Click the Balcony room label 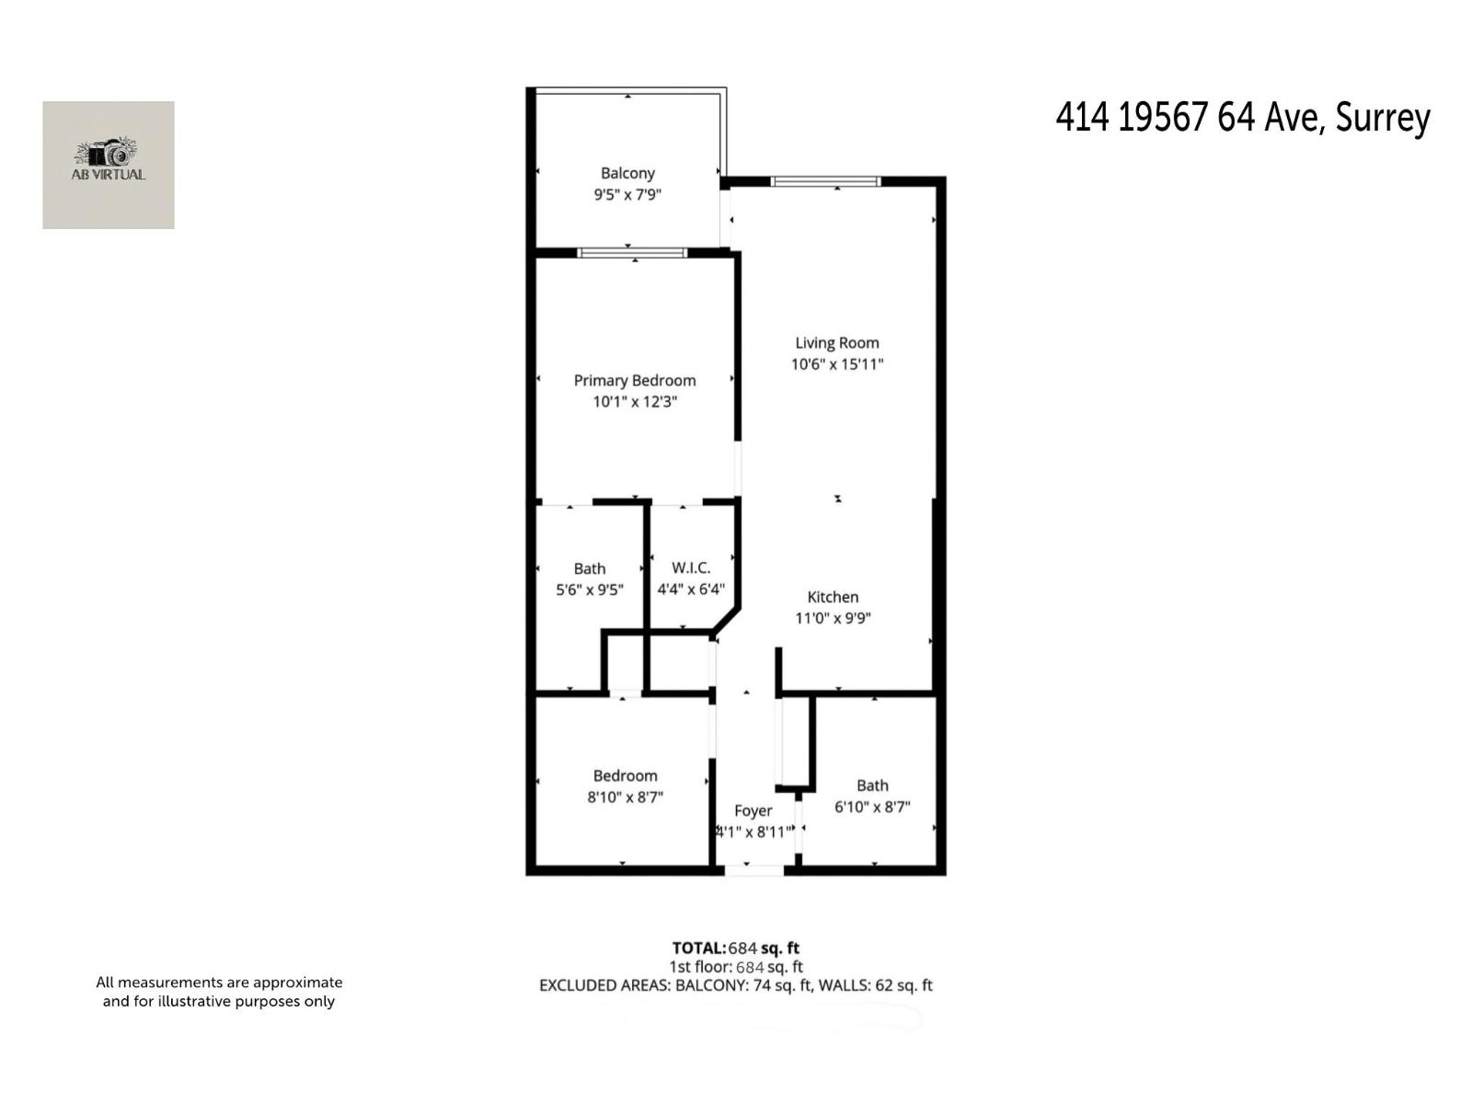pyautogui.click(x=627, y=173)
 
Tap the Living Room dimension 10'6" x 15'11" pyautogui.click(x=837, y=364)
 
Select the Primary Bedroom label pyautogui.click(x=635, y=380)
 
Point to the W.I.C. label pyautogui.click(x=691, y=568)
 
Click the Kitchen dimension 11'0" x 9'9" pyautogui.click(x=833, y=618)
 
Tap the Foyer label pyautogui.click(x=753, y=811)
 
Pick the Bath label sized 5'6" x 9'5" pyautogui.click(x=590, y=569)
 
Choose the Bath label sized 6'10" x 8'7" pyautogui.click(x=872, y=786)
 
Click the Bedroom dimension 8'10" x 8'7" pyautogui.click(x=626, y=798)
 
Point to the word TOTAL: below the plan pyautogui.click(x=698, y=948)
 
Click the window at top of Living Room pyautogui.click(x=825, y=181)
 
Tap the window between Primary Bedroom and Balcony pyautogui.click(x=633, y=252)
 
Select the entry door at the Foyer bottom pyautogui.click(x=753, y=868)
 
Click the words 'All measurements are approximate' pyautogui.click(x=219, y=983)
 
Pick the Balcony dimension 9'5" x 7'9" pyautogui.click(x=627, y=195)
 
